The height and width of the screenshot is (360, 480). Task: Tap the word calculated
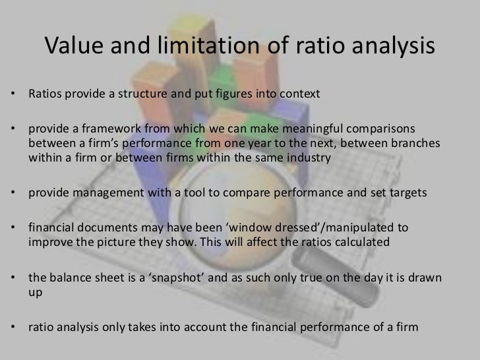click(x=367, y=243)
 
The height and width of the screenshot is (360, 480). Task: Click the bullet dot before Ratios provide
click(x=15, y=94)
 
